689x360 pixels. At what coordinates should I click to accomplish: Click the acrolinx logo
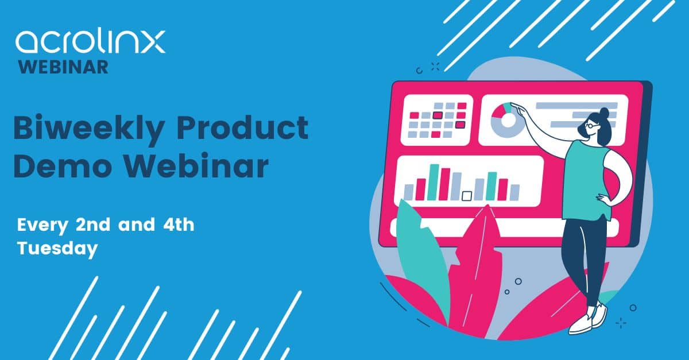point(90,42)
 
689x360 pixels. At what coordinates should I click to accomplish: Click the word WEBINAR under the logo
point(63,67)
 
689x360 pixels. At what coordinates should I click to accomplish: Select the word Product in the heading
point(242,126)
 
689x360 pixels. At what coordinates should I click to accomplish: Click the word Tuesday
point(57,248)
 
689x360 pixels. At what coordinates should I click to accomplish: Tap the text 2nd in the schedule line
point(93,224)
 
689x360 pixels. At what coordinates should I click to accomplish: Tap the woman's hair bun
point(604,112)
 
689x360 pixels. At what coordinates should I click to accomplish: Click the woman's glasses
point(590,126)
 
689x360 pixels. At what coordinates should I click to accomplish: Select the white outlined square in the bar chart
point(467,196)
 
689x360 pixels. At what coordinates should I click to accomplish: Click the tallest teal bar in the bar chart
point(433,182)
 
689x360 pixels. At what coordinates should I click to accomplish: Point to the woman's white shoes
point(588,319)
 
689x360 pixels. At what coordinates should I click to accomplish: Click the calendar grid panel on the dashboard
point(437,120)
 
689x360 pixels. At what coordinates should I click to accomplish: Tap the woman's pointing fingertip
point(511,104)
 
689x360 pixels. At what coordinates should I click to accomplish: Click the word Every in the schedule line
point(42,225)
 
